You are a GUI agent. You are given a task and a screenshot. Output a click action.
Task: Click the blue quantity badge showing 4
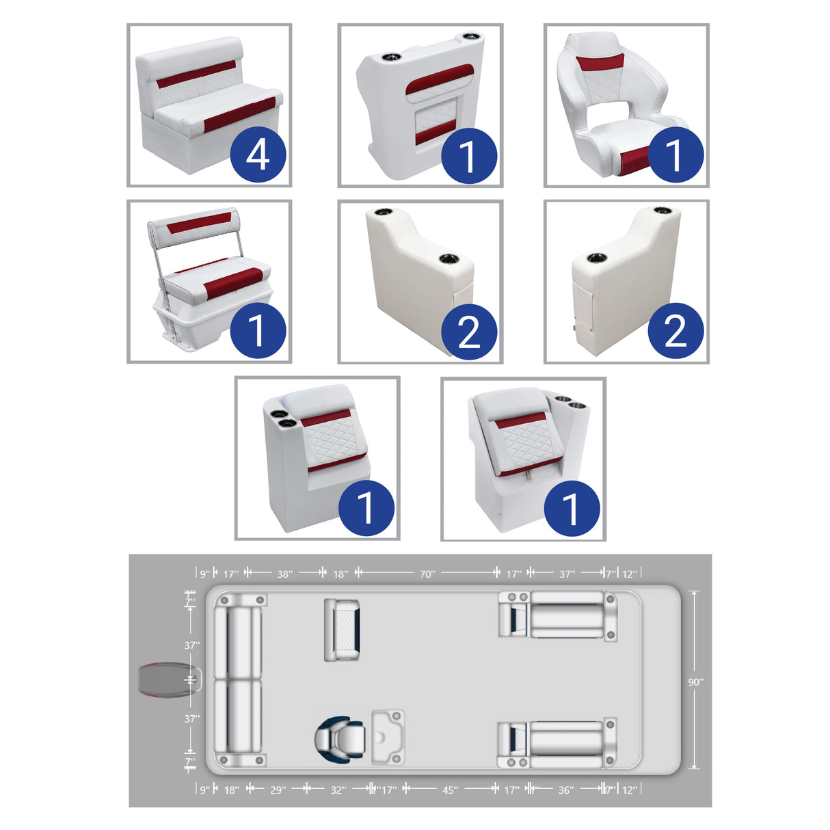pyautogui.click(x=258, y=155)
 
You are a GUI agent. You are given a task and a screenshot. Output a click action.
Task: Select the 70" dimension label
pyautogui.click(x=427, y=574)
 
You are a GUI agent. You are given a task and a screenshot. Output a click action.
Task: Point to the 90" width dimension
pyautogui.click(x=695, y=682)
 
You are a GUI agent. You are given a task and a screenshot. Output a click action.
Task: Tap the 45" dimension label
pyautogui.click(x=450, y=790)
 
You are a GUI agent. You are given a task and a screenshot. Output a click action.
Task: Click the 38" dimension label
pyautogui.click(x=284, y=574)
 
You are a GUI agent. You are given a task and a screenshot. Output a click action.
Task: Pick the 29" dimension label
pyautogui.click(x=277, y=790)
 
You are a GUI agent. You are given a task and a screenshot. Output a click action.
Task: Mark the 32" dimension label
pyautogui.click(x=338, y=790)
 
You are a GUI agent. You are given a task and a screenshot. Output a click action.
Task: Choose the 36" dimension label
pyautogui.click(x=565, y=790)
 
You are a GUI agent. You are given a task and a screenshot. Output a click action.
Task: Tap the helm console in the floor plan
pyautogui.click(x=388, y=737)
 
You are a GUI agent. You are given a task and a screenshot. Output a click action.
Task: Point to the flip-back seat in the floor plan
pyautogui.click(x=342, y=629)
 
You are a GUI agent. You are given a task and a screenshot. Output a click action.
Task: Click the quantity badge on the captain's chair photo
pyautogui.click(x=675, y=155)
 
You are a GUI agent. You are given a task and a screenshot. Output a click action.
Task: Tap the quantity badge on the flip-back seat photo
pyautogui.click(x=258, y=330)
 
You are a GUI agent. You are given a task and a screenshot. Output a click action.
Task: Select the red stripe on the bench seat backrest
pyautogui.click(x=196, y=75)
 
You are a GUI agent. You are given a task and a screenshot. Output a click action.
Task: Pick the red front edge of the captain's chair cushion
pyautogui.click(x=632, y=161)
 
